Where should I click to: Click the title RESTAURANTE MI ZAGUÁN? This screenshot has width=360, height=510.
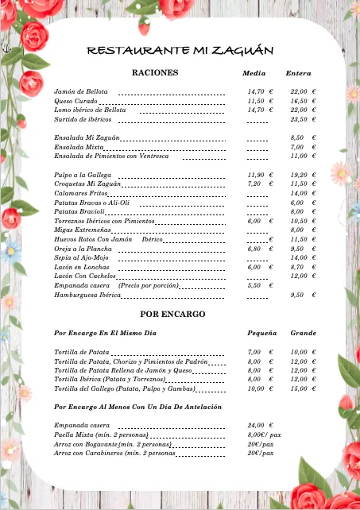[x=180, y=51]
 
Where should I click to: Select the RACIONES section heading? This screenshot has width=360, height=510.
[x=154, y=72]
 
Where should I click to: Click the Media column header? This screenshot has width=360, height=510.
[x=254, y=73]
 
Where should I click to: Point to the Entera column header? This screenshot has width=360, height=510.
[x=298, y=73]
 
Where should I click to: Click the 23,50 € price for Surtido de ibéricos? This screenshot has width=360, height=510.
[x=303, y=119]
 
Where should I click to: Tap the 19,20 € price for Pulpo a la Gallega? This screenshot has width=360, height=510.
[x=303, y=175]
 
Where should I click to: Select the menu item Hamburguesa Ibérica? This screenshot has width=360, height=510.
[x=87, y=295]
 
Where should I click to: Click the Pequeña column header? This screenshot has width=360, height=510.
[x=261, y=333]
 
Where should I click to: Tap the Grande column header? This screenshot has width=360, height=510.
[x=303, y=333]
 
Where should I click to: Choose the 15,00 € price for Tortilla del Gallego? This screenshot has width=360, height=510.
[x=303, y=389]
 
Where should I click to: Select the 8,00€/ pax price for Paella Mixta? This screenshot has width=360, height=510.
[x=264, y=435]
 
